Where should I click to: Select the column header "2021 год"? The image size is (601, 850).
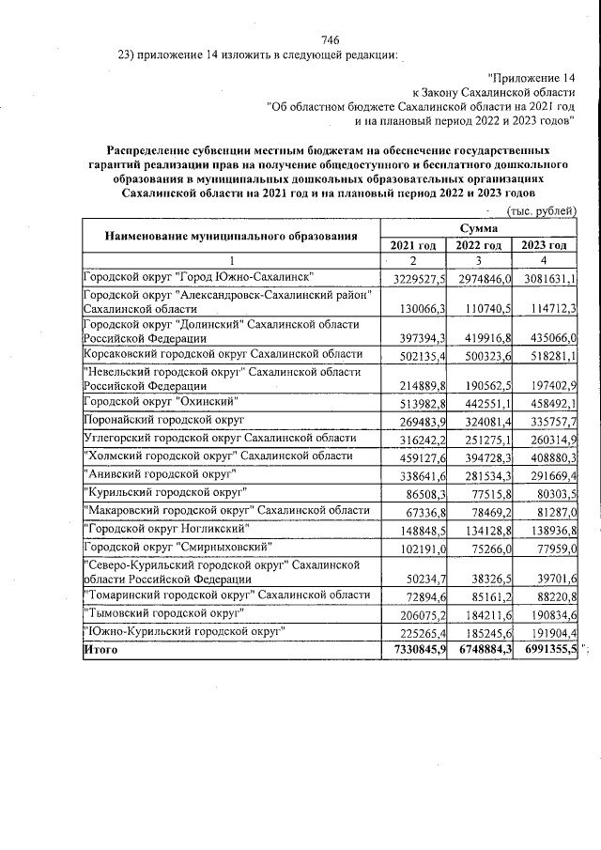[x=413, y=245]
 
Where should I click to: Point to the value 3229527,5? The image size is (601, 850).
[x=414, y=280]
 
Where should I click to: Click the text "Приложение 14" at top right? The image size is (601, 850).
[x=532, y=76]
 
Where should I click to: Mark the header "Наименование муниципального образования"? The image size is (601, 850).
[x=230, y=235]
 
